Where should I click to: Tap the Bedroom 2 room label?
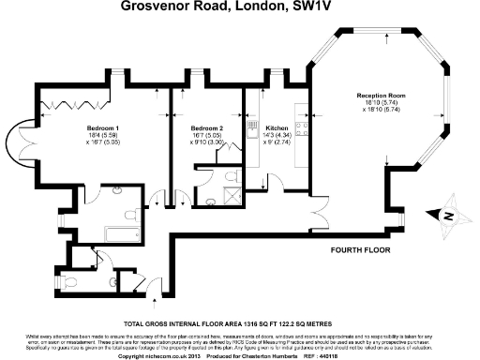click(207, 127)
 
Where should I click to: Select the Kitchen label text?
click(277, 127)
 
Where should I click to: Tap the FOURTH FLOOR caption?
click(359, 252)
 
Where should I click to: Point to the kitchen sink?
click(251, 131)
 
